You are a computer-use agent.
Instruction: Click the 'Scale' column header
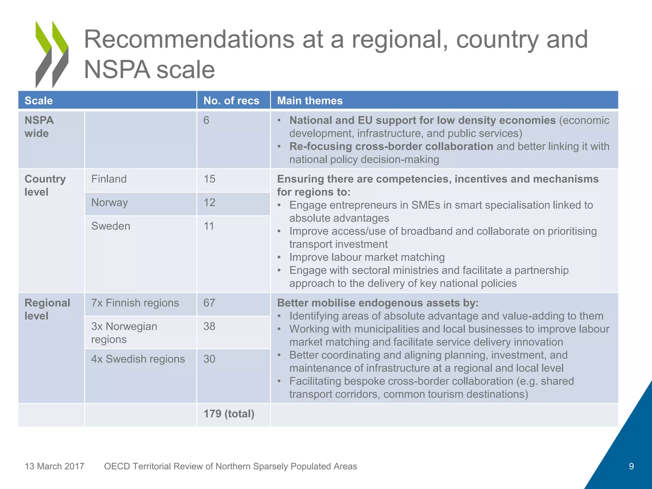click(x=39, y=101)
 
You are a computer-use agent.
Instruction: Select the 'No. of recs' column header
click(x=231, y=101)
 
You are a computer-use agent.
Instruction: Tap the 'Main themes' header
click(x=310, y=101)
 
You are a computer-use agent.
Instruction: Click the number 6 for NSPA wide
click(x=206, y=120)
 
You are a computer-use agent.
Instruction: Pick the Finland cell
click(x=109, y=179)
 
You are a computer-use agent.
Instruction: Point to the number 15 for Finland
click(x=209, y=179)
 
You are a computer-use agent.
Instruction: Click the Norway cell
click(x=110, y=202)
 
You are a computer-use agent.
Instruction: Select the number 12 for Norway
click(x=209, y=202)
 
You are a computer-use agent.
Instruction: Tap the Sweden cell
click(x=111, y=226)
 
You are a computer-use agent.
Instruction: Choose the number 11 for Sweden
click(x=209, y=226)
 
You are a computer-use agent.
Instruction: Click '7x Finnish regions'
click(x=135, y=303)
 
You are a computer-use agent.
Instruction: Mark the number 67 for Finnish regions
click(x=209, y=303)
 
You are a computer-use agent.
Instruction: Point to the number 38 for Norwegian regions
click(x=209, y=326)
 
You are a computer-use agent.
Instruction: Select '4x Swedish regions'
click(x=138, y=359)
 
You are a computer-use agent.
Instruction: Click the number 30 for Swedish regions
click(x=209, y=359)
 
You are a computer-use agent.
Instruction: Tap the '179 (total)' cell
click(x=229, y=414)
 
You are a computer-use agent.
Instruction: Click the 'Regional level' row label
click(x=47, y=309)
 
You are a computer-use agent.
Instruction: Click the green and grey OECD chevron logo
click(x=52, y=54)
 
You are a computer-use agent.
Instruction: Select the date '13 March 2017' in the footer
click(x=54, y=466)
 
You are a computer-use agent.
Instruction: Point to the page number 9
click(x=631, y=466)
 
